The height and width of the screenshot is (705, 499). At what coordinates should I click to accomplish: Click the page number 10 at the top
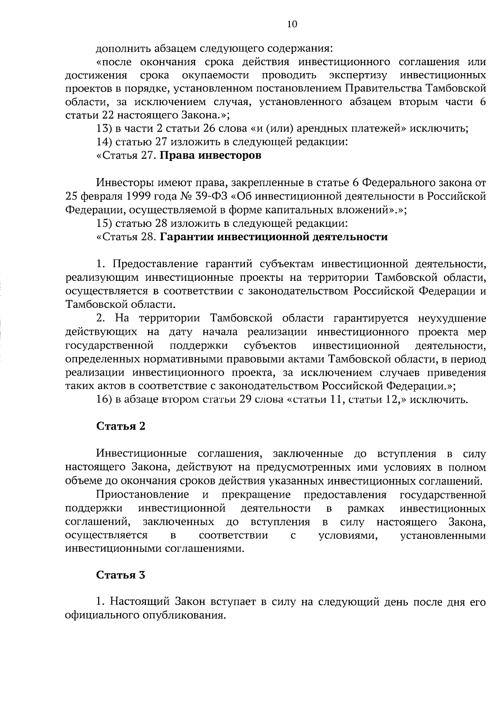coord(292,25)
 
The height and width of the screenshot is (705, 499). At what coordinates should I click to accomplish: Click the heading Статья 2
coord(121,427)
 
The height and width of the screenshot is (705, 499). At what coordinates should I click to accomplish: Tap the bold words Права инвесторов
coord(211,156)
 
